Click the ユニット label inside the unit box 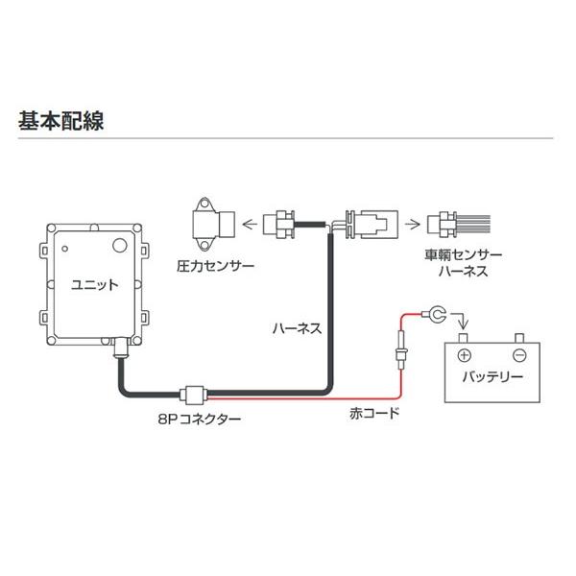(95, 284)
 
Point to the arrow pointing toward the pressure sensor (252, 225)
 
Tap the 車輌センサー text (463, 256)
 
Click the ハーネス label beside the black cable (297, 327)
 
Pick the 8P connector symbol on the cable (192, 393)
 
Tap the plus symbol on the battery (462, 351)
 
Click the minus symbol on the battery (519, 351)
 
